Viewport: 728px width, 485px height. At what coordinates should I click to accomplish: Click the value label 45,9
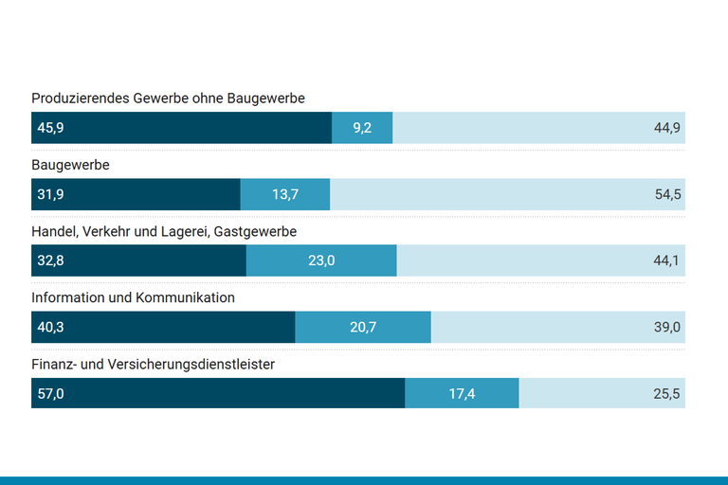pos(50,128)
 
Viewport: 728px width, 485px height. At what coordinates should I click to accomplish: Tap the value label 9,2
pos(362,128)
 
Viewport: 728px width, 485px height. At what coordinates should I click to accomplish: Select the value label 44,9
pos(667,128)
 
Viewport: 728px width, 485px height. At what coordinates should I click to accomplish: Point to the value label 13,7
pos(285,194)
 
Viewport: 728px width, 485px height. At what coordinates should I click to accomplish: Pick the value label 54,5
pos(667,194)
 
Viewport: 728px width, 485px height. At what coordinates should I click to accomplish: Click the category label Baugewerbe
pos(70,165)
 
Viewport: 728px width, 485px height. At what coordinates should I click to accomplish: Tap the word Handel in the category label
pos(54,231)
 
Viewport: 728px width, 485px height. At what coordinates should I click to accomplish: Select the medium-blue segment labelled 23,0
pos(321,260)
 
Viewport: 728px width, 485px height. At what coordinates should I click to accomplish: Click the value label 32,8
pos(50,260)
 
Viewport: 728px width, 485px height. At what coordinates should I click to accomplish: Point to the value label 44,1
pos(667,260)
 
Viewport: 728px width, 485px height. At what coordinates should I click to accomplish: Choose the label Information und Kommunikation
pos(133,297)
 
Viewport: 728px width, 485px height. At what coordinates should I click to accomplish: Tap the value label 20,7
pos(363,327)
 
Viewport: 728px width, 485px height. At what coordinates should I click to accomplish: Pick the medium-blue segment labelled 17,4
pos(463,393)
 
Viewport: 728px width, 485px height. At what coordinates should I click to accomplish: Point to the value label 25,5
pos(667,393)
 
